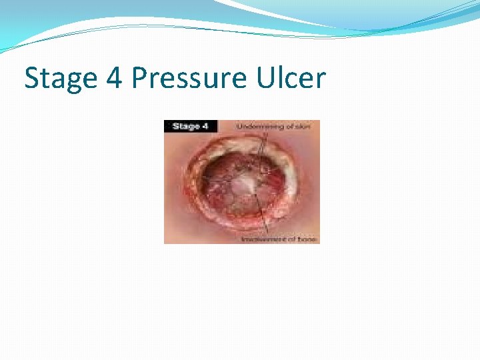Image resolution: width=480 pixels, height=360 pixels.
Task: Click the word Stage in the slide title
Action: [59, 79]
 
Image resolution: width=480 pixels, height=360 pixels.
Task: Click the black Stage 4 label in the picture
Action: [190, 126]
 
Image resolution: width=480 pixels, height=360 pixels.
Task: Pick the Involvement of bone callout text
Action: [279, 239]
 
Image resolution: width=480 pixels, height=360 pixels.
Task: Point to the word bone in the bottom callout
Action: [308, 239]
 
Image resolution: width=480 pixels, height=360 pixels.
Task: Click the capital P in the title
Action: [139, 78]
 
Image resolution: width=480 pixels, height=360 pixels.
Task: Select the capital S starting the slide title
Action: [32, 78]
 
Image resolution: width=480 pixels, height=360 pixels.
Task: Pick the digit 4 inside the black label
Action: [205, 126]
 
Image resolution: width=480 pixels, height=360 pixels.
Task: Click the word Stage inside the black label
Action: [185, 126]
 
